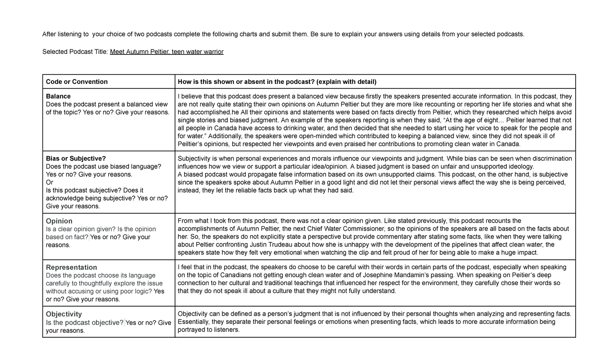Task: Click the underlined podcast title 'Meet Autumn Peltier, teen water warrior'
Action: pos(167,52)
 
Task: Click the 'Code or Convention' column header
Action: pos(77,81)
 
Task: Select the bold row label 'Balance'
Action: pos(58,96)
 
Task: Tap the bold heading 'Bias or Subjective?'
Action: pos(76,159)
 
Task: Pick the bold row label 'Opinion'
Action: pos(59,221)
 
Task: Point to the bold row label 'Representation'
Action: pos(71,267)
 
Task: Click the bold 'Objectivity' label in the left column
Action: pos(64,314)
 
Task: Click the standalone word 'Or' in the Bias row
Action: pos(49,182)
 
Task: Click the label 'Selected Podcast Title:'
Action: pos(75,52)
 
